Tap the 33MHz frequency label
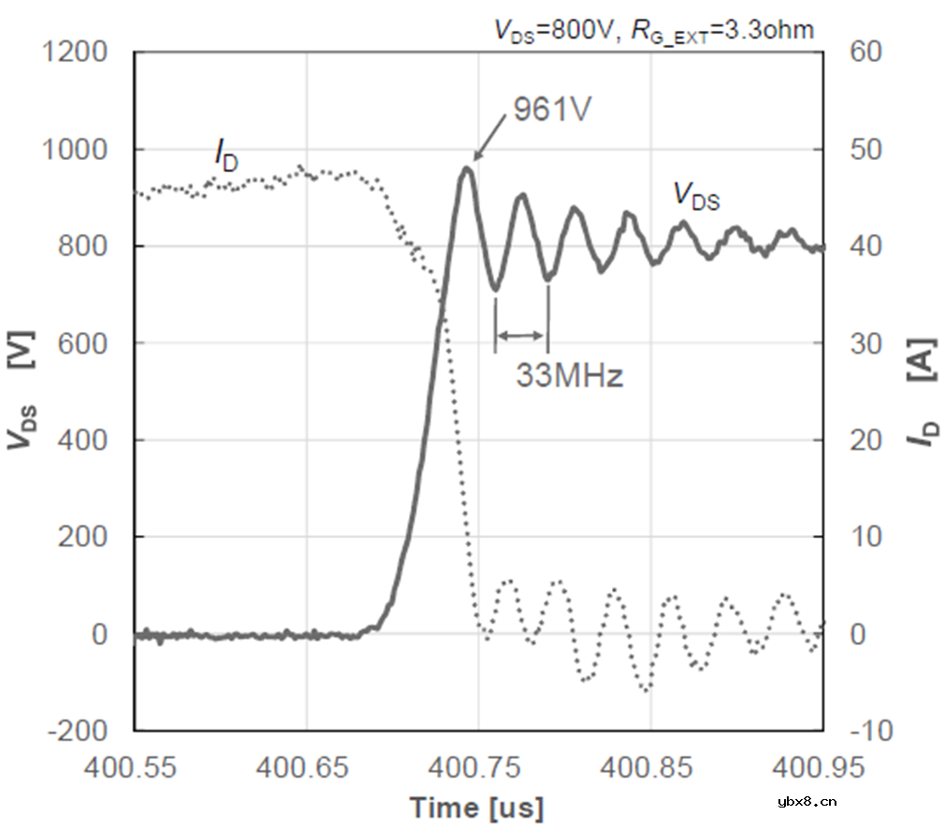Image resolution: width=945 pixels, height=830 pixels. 569,376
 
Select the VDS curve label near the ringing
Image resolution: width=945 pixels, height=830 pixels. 697,196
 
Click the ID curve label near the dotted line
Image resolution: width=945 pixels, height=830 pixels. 225,156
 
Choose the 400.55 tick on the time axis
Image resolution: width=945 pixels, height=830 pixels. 135,769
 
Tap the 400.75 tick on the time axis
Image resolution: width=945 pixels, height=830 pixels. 478,769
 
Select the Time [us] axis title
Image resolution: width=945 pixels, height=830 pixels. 475,807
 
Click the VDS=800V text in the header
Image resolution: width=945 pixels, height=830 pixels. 552,30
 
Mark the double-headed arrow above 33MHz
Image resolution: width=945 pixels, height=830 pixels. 521,336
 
